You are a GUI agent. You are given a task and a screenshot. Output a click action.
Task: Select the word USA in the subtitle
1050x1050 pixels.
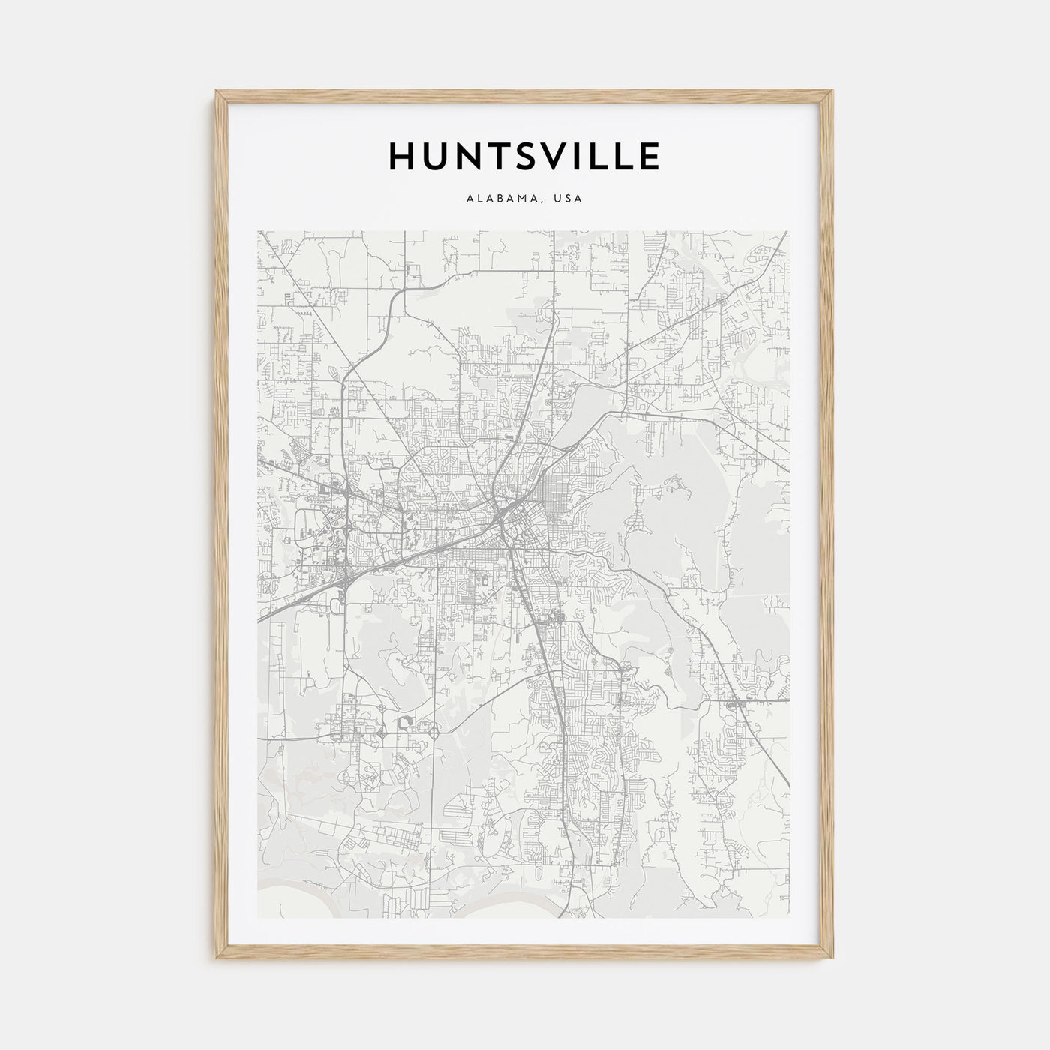pyautogui.click(x=568, y=199)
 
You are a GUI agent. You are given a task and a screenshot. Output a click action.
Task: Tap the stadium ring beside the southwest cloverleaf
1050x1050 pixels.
pyautogui.click(x=407, y=722)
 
